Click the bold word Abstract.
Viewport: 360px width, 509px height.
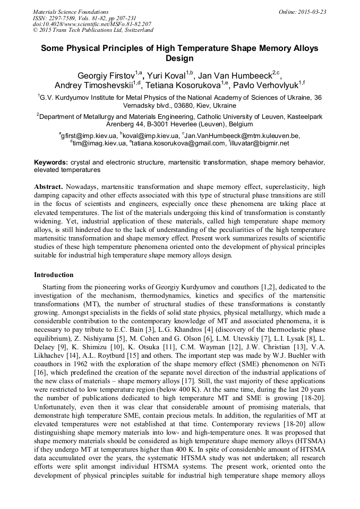[49, 187]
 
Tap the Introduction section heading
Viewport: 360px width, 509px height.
[54, 274]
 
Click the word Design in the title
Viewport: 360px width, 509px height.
[179, 58]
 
